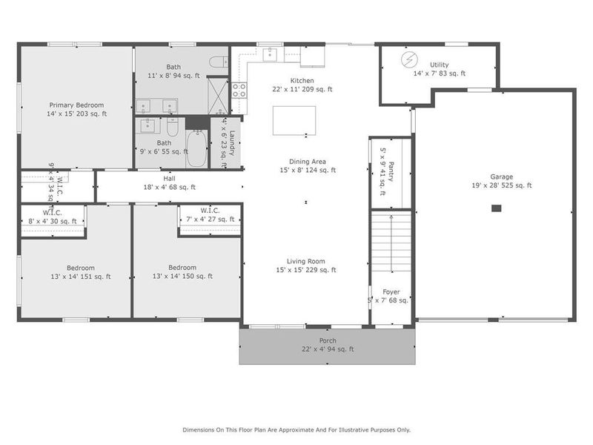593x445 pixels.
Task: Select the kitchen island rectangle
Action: [x=294, y=120]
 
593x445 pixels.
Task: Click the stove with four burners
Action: [x=239, y=90]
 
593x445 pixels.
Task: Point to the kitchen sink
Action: [x=271, y=53]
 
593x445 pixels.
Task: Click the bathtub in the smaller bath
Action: [x=196, y=149]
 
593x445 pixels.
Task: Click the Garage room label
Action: [x=501, y=177]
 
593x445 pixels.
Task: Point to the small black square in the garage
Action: [x=496, y=210]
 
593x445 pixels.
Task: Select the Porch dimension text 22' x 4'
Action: [x=328, y=349]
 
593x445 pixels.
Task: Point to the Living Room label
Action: [x=306, y=261]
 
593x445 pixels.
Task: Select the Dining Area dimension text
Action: [x=307, y=170]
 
